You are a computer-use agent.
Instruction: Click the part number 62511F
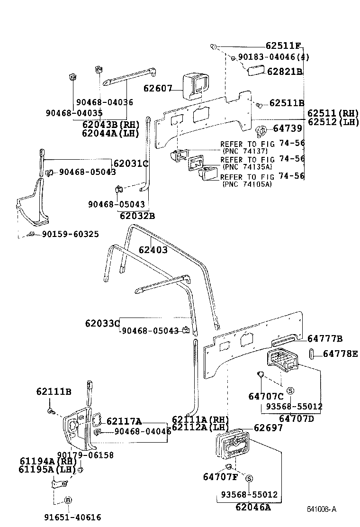283,46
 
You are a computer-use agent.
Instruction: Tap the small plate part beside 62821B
255,71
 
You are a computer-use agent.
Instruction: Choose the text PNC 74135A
247,166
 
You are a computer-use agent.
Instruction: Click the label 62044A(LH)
110,133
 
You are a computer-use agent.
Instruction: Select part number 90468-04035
74,113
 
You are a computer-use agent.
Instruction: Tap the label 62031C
130,164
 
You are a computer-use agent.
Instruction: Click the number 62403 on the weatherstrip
153,250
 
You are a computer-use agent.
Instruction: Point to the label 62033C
102,323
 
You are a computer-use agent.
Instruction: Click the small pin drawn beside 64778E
313,354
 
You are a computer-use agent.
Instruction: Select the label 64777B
325,338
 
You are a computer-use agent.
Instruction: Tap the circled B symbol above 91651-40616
68,500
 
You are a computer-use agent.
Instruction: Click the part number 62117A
124,421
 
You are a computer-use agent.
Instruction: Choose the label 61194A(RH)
48,461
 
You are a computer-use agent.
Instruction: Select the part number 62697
268,427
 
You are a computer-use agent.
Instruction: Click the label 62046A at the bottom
253,508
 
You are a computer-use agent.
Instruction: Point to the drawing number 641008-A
321,509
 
